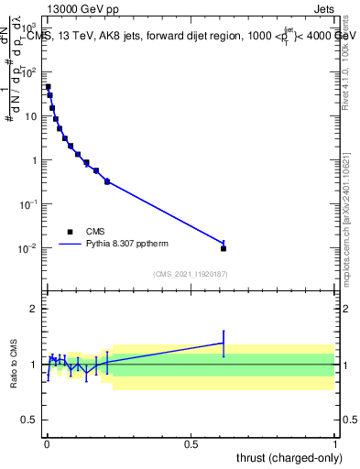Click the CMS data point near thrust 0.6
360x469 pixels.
coord(224,248)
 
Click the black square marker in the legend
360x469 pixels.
coord(70,232)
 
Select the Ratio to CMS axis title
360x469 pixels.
coord(13,364)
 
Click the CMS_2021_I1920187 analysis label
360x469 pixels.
coord(191,274)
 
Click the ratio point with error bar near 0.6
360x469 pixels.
coord(224,343)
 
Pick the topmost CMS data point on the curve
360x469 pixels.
coord(48,87)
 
